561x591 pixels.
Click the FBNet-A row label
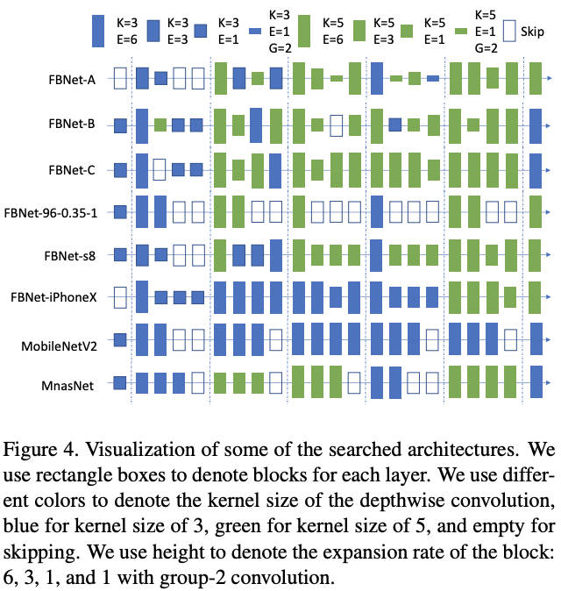pyautogui.click(x=72, y=80)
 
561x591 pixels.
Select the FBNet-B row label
pyautogui.click(x=72, y=125)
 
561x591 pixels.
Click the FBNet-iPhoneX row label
pyautogui.click(x=60, y=297)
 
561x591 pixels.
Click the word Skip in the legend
pyautogui.click(x=533, y=32)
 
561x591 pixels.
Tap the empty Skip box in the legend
pyautogui.click(x=509, y=32)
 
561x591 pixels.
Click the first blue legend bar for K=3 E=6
pyautogui.click(x=99, y=31)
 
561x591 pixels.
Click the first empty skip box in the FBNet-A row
pyautogui.click(x=121, y=79)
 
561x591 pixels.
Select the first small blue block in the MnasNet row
pyautogui.click(x=121, y=382)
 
